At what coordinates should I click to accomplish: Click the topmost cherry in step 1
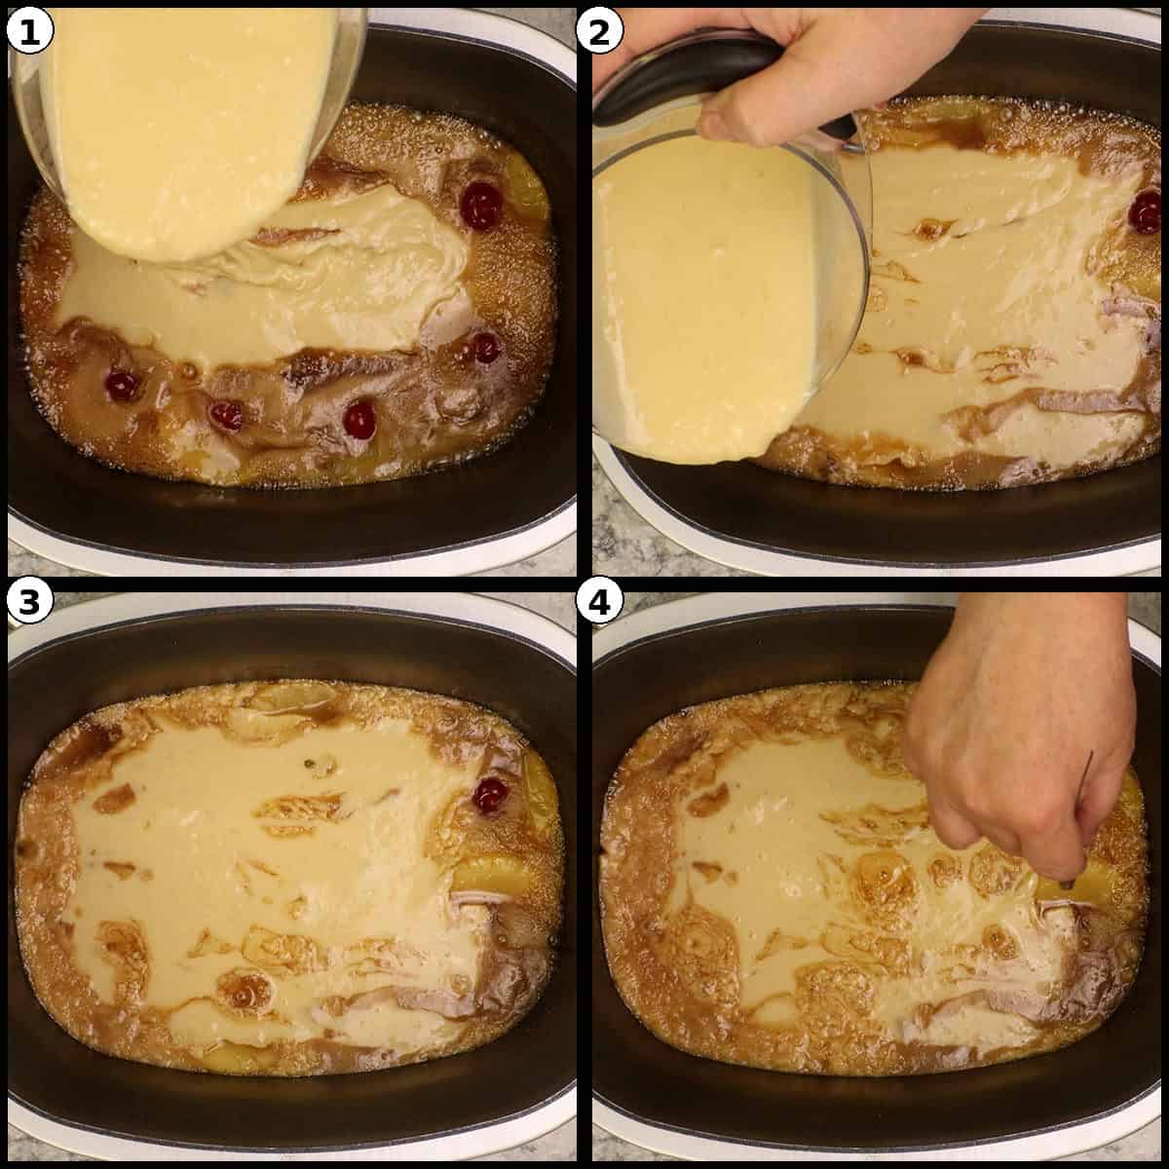480,206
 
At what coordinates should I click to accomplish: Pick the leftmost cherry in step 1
122,386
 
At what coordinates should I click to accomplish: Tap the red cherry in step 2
1147,213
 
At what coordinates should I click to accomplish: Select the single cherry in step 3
489,795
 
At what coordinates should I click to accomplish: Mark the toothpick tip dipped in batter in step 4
1069,884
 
